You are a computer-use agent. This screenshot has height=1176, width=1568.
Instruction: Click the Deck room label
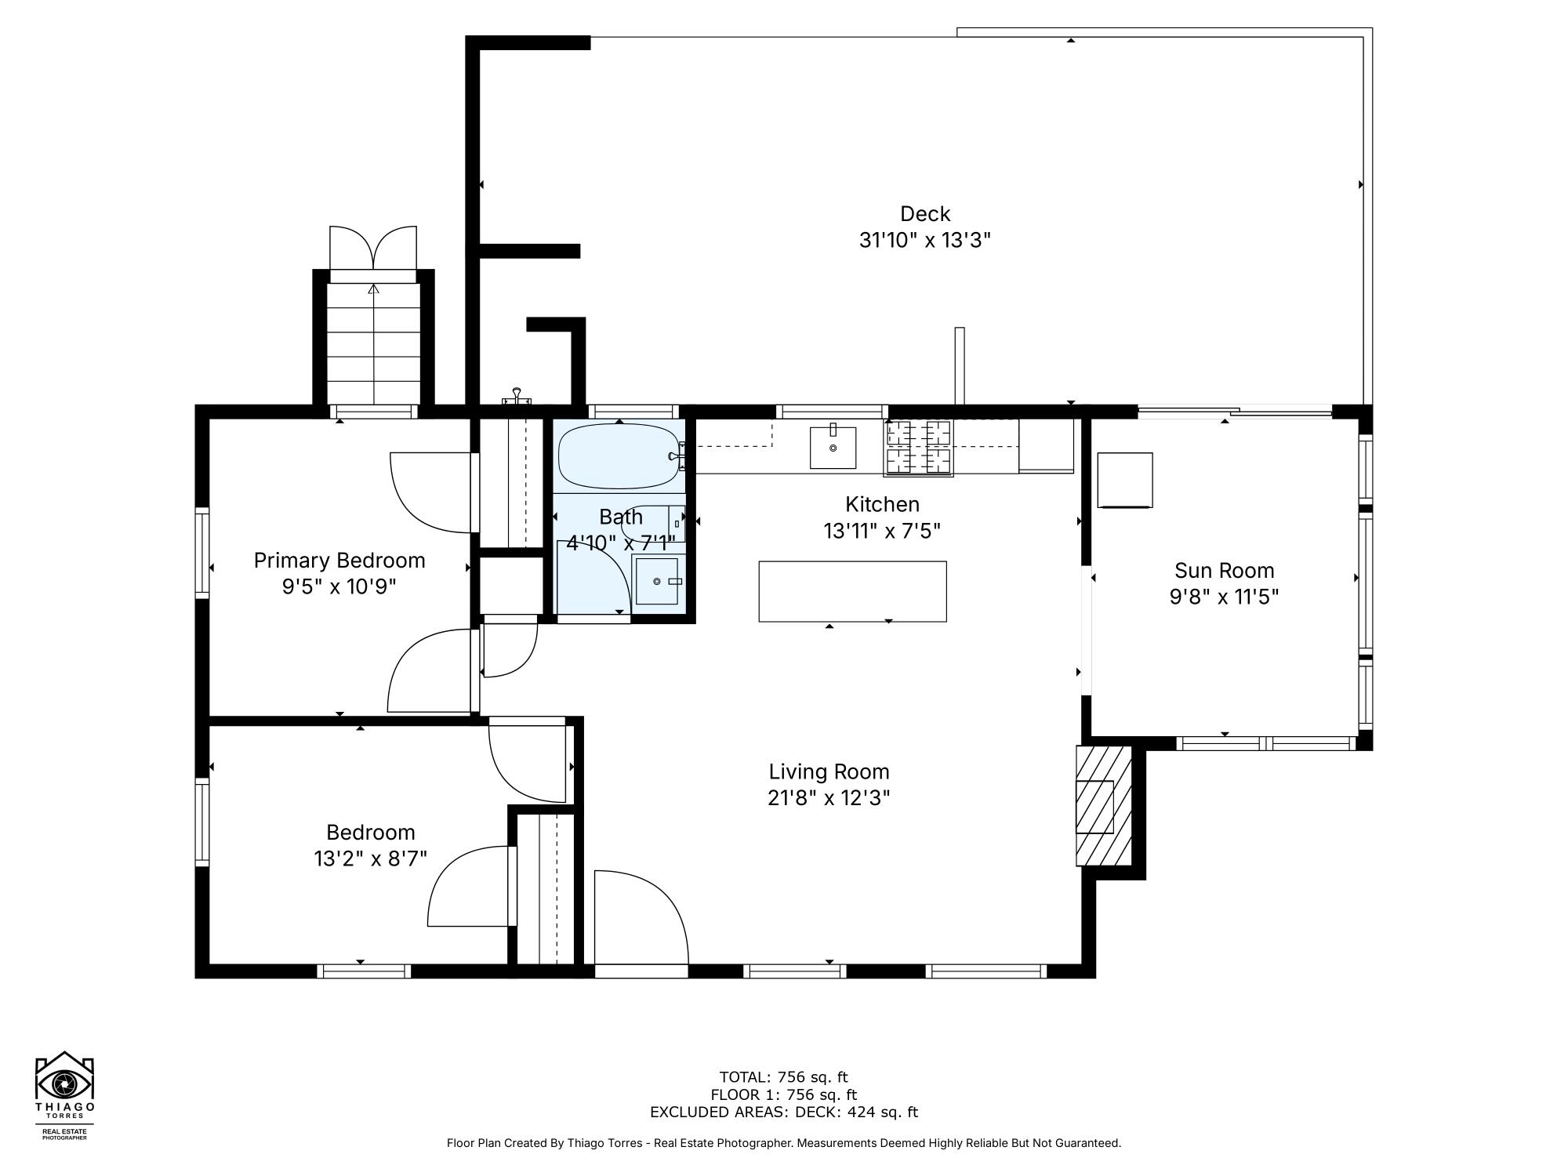pyautogui.click(x=925, y=213)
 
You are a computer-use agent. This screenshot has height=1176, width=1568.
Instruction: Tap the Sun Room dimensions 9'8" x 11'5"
pyautogui.click(x=1224, y=597)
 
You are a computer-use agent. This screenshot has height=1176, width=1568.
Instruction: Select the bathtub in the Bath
pyautogui.click(x=618, y=456)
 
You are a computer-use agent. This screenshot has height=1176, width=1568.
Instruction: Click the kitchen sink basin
pyautogui.click(x=833, y=447)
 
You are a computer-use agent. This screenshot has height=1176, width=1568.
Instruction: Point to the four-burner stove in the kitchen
pyautogui.click(x=918, y=448)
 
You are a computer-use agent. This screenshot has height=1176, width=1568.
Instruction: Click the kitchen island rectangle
pyautogui.click(x=852, y=591)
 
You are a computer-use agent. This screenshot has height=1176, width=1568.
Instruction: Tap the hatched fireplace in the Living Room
pyautogui.click(x=1103, y=805)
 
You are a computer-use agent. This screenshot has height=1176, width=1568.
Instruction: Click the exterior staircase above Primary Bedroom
pyautogui.click(x=374, y=343)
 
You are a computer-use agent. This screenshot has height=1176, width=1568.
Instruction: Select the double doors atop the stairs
pyautogui.click(x=373, y=249)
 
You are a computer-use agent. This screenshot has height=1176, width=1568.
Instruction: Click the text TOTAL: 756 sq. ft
pyautogui.click(x=783, y=1077)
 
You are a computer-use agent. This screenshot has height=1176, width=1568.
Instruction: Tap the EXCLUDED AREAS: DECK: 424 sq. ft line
pyautogui.click(x=783, y=1112)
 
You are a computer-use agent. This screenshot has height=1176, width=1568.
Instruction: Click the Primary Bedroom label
pyautogui.click(x=339, y=561)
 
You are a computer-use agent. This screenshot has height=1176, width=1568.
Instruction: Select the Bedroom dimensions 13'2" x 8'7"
pyautogui.click(x=370, y=859)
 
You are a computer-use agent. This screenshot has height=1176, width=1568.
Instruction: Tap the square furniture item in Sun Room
pyautogui.click(x=1125, y=480)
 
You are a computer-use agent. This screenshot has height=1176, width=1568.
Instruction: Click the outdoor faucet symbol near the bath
pyautogui.click(x=517, y=397)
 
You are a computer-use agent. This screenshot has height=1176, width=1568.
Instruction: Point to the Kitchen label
pyautogui.click(x=882, y=504)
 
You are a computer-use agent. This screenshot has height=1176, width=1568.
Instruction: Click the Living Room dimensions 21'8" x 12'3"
pyautogui.click(x=829, y=798)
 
